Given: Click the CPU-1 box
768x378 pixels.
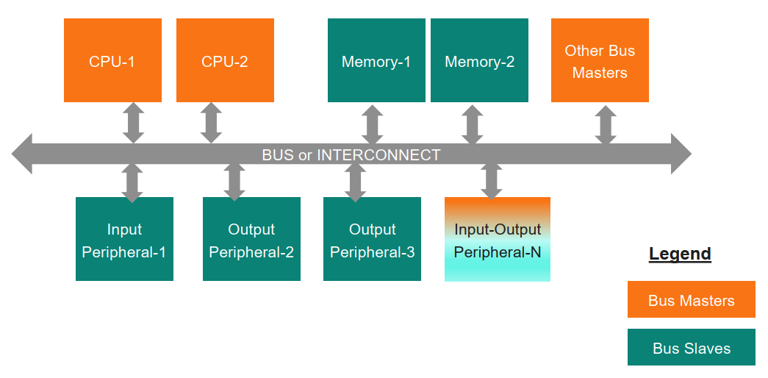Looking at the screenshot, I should coord(112,60).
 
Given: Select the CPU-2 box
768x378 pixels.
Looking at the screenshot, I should coord(225,60).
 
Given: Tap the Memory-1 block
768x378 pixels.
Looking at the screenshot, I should coord(376,60).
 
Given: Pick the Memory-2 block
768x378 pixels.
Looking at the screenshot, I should coord(479,60).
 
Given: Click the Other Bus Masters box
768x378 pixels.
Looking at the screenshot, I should coord(600,60).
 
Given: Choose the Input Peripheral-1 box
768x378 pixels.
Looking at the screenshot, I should coord(124,239).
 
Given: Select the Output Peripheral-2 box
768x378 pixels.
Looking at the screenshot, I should coord(251,239).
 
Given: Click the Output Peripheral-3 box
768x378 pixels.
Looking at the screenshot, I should coord(372,239).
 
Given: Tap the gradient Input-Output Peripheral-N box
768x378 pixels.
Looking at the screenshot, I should coord(498,239).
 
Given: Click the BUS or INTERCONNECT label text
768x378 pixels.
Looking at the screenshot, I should coord(351,155).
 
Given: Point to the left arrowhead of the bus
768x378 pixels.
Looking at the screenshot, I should coord(22,154).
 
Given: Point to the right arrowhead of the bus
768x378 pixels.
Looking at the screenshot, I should coord(681,154).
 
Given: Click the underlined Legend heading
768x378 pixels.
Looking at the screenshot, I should coord(680,254).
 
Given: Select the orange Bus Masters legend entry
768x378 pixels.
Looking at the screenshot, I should coord(691,299).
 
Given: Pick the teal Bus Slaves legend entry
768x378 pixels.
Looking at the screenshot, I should coord(691,347).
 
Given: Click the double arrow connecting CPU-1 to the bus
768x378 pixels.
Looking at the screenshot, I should coord(133,122).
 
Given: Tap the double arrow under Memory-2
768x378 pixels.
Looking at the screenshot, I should coord(473,124).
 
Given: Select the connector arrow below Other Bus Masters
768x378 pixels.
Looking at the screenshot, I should coord(606,124).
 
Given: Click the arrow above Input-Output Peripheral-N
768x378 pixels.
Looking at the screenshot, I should coord(492,181).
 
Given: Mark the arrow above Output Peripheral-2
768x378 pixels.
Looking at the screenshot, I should coord(234,182).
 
